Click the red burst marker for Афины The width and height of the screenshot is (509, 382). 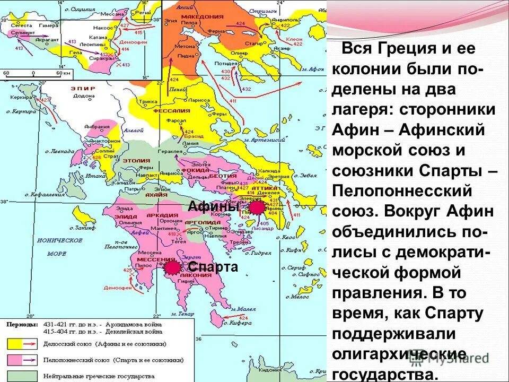point(257,208)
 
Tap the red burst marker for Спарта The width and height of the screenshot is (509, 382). point(172,268)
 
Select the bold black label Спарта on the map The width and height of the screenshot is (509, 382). point(213,267)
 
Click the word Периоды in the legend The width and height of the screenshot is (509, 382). point(22,324)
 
